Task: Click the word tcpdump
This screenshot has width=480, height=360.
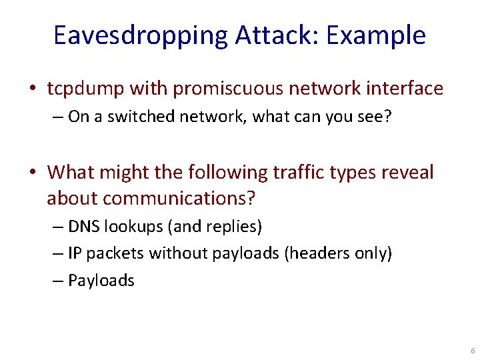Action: pos(85,88)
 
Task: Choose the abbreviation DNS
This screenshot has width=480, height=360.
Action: pos(82,227)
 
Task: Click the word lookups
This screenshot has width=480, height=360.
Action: pos(133,227)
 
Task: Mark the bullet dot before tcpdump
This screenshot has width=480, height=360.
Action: pos(33,89)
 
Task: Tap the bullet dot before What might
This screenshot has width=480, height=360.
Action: pos(33,173)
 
